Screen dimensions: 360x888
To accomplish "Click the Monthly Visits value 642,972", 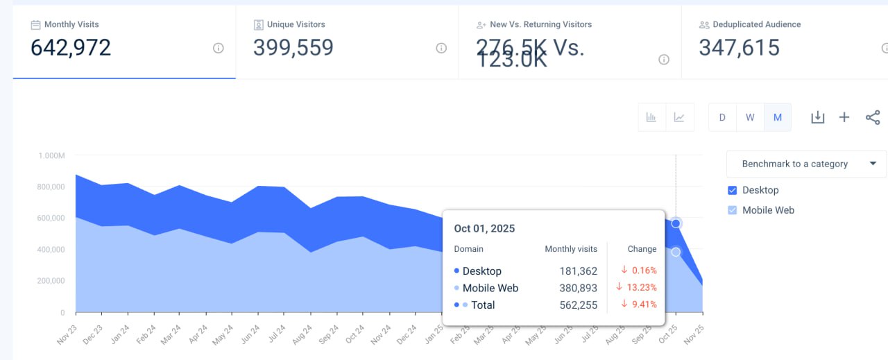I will point(71,48).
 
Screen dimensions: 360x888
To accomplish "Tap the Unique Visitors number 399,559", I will point(293,48).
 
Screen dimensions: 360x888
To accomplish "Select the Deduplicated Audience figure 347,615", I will point(739,48).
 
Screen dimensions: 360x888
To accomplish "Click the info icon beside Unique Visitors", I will point(441,49).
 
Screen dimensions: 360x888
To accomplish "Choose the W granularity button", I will point(750,117).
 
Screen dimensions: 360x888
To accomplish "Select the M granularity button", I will point(778,117).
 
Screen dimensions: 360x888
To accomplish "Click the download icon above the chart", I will point(818,117).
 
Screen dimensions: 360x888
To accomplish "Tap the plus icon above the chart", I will point(844,117).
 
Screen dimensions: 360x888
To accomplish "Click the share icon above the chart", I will point(873,117).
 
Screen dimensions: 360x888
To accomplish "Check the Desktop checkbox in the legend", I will point(732,190).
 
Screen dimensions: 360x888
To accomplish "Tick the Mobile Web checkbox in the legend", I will point(732,210).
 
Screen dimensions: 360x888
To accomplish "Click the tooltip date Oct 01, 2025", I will point(484,228).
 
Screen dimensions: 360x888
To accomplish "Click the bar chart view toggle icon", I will point(651,117).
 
